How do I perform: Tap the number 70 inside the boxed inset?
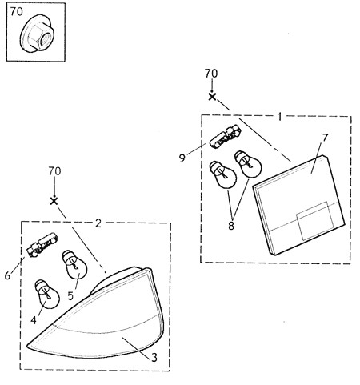point(17,11)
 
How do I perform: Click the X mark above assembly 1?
point(212,97)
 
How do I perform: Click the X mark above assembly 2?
point(54,201)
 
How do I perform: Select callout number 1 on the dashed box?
point(279,117)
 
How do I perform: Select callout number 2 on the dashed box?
point(98,223)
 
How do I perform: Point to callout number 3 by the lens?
point(154,357)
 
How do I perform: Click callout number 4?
point(34,320)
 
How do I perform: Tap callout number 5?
point(70,295)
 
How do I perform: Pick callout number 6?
point(7,275)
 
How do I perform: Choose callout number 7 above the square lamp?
point(325,138)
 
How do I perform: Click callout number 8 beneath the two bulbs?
point(231,226)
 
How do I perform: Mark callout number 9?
point(182,158)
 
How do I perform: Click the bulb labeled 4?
point(47,294)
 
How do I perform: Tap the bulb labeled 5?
point(75,265)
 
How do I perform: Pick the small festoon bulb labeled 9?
point(226,138)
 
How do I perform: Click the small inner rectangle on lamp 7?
point(315,221)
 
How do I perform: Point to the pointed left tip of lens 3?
point(27,346)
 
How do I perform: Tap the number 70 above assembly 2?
point(54,171)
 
